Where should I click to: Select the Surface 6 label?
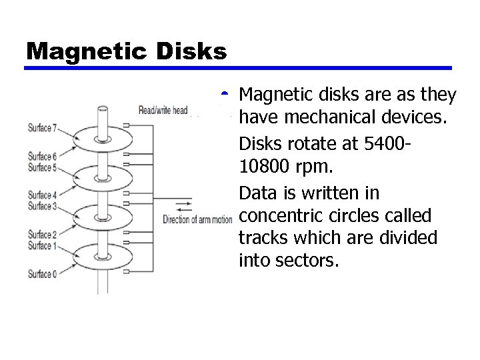tap(41, 157)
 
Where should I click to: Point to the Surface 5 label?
tap(41, 166)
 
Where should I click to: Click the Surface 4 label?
tap(41, 195)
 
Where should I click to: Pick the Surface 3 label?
tap(41, 205)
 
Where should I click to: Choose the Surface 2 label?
tap(41, 234)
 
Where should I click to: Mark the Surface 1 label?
tap(41, 245)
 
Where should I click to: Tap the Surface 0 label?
tap(41, 273)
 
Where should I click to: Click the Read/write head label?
tap(163, 110)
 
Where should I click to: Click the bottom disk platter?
tap(103, 256)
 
